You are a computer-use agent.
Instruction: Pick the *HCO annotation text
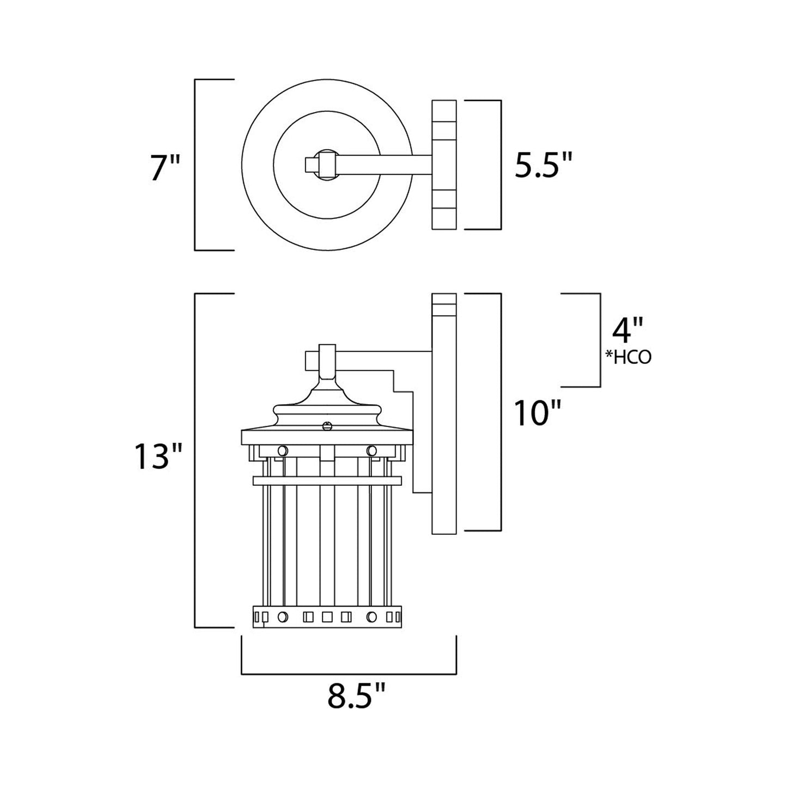628,357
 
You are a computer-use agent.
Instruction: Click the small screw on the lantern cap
327,426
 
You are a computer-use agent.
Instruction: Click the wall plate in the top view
444,164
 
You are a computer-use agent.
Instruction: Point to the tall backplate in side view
444,414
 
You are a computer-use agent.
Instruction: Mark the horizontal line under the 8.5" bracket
349,674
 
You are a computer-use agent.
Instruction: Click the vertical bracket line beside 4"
600,340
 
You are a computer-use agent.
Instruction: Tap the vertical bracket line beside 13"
196,460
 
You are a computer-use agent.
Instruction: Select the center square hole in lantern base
327,617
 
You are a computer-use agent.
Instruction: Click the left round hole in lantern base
282,617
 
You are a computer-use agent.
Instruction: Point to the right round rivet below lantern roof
372,450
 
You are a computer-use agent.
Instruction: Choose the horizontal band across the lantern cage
327,480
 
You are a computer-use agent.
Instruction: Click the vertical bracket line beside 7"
196,164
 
